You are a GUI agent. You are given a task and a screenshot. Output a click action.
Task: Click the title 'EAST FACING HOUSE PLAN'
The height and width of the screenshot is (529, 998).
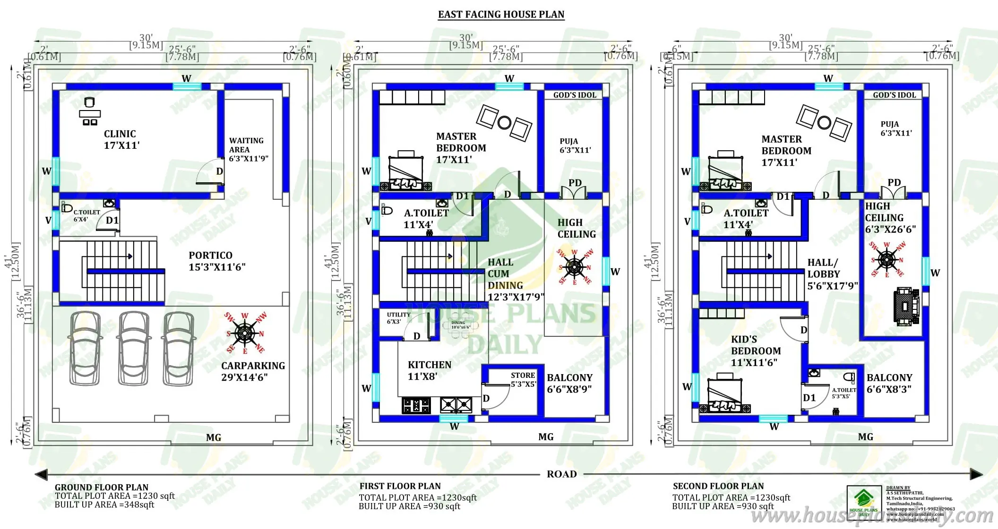[x=501, y=15]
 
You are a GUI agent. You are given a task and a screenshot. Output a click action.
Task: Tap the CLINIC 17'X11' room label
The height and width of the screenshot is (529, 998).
[x=121, y=140]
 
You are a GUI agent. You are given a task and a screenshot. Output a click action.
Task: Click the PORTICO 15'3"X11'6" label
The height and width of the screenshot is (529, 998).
[x=216, y=261]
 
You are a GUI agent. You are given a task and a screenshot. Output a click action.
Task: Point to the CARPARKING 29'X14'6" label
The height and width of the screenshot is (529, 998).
[x=253, y=371]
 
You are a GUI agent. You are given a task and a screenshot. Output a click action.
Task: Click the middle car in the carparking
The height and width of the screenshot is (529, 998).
[x=134, y=348]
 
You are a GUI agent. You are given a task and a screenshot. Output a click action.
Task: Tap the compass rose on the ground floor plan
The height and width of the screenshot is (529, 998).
[x=245, y=333]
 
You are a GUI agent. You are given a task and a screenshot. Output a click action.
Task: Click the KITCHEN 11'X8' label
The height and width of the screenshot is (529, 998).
[x=429, y=370]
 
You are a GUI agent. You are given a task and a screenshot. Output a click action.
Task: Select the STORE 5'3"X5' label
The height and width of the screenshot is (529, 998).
[x=523, y=379]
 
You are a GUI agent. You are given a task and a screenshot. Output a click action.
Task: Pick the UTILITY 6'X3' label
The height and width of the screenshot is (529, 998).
[x=398, y=318]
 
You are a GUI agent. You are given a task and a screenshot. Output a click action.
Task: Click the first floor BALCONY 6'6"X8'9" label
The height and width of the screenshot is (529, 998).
[x=569, y=383]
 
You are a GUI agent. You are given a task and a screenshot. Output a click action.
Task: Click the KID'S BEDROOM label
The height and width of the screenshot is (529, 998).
[x=755, y=351]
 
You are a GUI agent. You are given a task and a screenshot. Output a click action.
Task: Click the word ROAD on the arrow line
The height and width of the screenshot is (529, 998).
[x=561, y=474]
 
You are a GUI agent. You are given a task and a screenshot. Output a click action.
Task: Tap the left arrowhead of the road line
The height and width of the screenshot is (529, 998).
[x=41, y=474]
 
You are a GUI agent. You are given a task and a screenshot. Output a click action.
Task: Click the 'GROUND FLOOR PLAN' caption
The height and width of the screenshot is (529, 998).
[x=101, y=487]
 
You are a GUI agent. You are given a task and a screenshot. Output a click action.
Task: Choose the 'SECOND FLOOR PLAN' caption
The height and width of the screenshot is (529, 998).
[x=718, y=486]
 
